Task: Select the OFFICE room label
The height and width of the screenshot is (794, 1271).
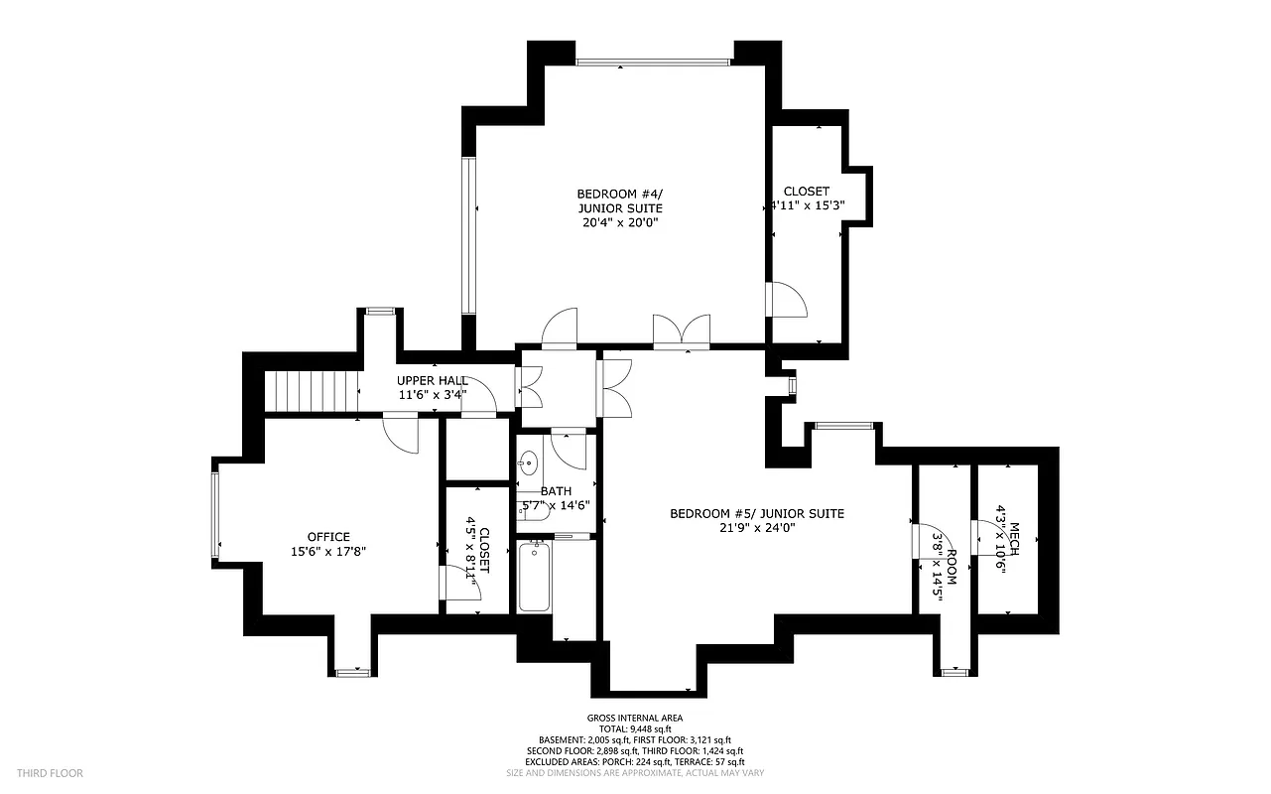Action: pos(328,537)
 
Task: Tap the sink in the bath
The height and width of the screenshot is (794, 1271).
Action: pos(529,463)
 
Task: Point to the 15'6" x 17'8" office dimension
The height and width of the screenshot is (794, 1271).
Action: pos(328,551)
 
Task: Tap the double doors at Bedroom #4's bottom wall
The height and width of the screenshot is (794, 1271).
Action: pos(682,331)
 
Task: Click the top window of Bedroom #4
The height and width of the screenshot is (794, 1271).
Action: pos(653,63)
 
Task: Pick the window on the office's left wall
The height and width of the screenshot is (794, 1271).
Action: pos(214,514)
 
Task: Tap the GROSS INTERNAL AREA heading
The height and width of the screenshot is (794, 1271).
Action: pos(635,718)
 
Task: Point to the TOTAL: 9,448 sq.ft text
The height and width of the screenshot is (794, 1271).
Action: pos(635,728)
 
